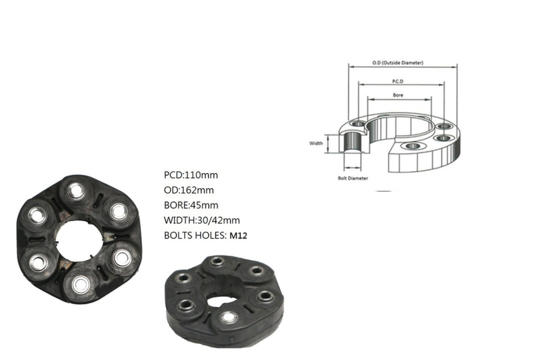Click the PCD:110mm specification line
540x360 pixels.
pos(191,175)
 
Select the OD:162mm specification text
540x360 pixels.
pos(188,190)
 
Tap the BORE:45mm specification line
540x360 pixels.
pos(191,205)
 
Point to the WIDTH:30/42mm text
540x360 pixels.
pos(202,220)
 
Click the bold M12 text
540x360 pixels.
pos(238,235)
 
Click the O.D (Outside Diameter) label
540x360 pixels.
pos(398,62)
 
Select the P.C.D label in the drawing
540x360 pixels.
pos(398,81)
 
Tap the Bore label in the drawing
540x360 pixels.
pos(398,95)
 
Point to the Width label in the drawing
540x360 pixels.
pos(316,143)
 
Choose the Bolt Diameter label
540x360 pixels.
pos(352,178)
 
